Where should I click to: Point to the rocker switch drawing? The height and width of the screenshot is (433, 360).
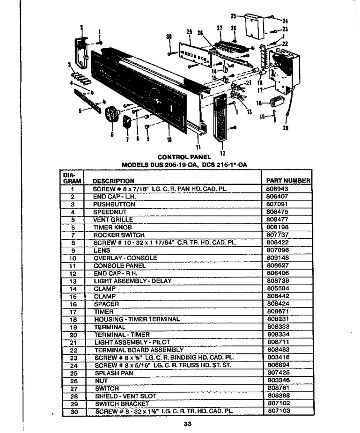127,122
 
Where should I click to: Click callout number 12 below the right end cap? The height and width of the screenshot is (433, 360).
223,153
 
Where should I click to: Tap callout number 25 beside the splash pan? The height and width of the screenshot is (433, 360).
233,16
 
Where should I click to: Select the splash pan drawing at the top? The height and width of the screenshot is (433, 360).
254,26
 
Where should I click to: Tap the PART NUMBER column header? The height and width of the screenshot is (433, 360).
288,181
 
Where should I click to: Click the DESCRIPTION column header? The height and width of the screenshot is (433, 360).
113,181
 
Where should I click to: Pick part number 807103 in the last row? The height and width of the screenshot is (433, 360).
279,411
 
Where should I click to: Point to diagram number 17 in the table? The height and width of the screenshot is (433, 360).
73,312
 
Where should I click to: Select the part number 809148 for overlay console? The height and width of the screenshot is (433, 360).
278,257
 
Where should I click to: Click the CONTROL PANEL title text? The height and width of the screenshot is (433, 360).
184,157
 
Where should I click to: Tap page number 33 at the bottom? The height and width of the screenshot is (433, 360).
187,424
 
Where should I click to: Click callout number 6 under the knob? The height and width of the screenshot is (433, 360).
112,135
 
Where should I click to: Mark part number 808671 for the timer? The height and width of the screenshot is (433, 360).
278,311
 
